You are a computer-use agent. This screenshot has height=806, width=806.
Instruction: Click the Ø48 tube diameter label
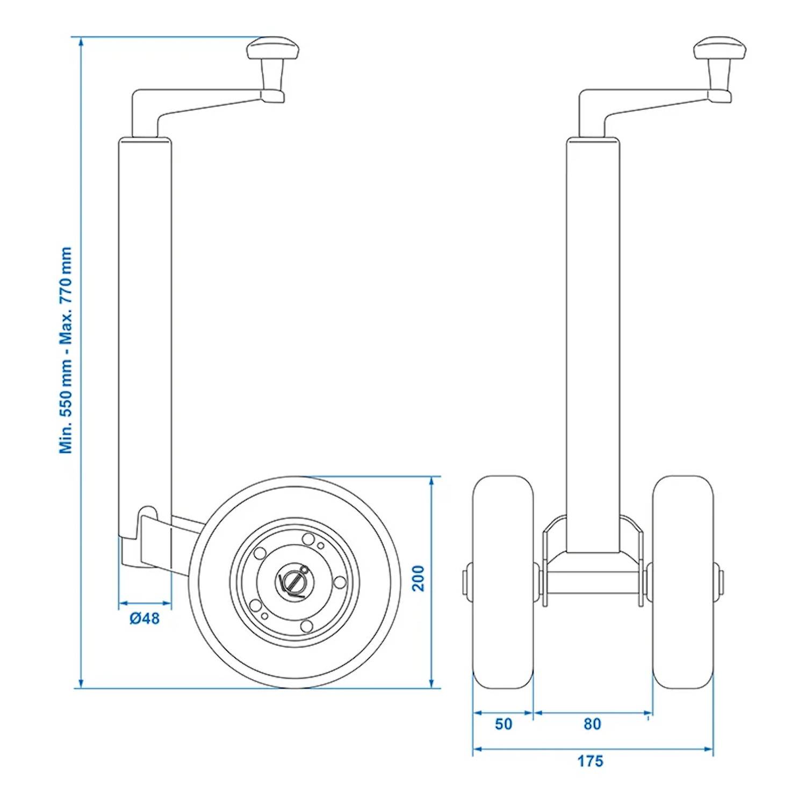click(x=145, y=618)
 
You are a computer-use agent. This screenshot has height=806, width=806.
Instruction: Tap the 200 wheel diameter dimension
click(x=418, y=578)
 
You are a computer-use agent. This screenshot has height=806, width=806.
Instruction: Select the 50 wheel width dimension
click(x=503, y=724)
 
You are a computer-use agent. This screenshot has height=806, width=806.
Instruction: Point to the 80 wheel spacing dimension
click(x=592, y=724)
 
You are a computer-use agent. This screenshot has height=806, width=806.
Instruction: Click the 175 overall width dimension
click(x=590, y=761)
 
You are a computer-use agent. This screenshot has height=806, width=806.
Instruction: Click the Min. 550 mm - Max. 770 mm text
click(x=66, y=350)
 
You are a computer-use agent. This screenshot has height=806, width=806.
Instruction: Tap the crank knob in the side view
click(x=272, y=49)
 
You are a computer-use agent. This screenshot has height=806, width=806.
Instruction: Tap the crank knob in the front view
click(x=719, y=49)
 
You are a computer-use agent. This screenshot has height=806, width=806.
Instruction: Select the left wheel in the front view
click(x=503, y=581)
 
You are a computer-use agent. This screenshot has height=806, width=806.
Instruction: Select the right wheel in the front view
click(x=683, y=581)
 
